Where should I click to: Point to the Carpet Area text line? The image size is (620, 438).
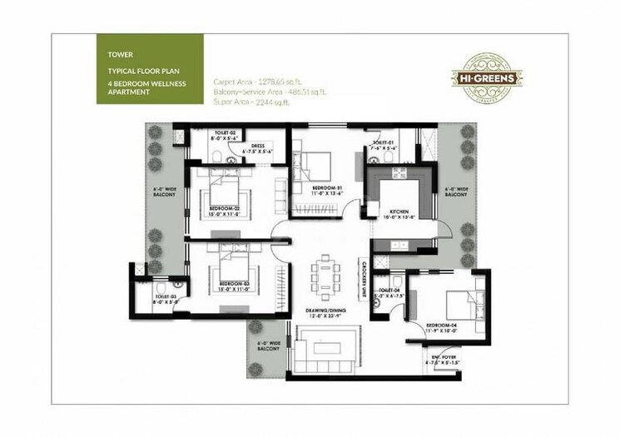pyautogui.click(x=255, y=82)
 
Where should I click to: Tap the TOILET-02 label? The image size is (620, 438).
pyautogui.click(x=226, y=134)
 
